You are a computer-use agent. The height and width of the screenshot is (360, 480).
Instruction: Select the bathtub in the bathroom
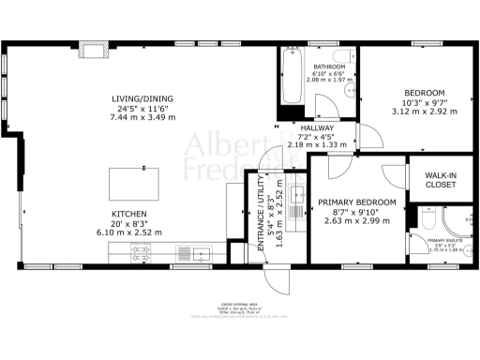(x=289, y=79)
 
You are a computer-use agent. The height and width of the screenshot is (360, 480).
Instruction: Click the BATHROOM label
(x=330, y=67)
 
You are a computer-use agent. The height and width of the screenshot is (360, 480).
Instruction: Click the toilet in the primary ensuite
(x=426, y=222)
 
